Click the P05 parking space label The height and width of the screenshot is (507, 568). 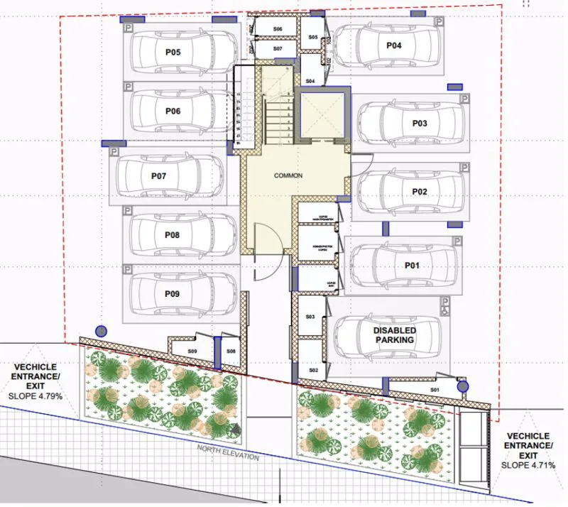coord(173,53)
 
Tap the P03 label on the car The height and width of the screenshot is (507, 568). coord(419,123)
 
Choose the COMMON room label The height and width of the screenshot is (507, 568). coord(289,175)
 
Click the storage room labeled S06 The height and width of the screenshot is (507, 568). coord(278,29)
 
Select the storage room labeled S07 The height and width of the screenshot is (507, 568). coord(278,48)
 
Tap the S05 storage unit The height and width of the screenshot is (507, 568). coord(313,37)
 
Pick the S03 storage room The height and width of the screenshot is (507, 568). coord(310,317)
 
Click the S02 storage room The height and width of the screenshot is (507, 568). coord(313,370)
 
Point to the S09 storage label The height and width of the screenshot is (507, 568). coord(192,351)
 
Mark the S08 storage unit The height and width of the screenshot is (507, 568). coord(231,351)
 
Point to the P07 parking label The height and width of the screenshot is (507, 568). coord(158,174)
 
